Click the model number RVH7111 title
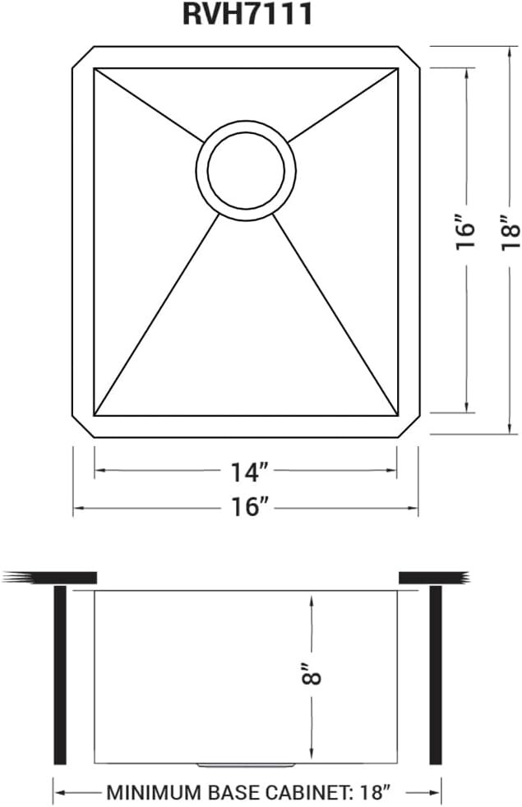[247, 14]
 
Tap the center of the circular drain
[246, 170]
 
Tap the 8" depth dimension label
[311, 673]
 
